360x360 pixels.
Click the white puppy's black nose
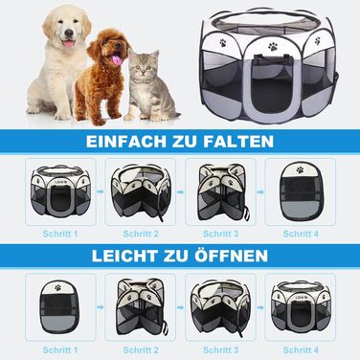(69, 33)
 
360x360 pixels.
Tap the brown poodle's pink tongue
(117, 60)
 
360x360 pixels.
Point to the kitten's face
(144, 67)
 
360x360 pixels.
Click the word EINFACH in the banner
(126, 142)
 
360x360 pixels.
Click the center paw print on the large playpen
(273, 47)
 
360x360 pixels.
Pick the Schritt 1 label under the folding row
(60, 234)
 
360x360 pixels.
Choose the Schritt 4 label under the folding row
(301, 234)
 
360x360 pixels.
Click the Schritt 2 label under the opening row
(141, 350)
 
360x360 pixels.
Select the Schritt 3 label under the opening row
(220, 350)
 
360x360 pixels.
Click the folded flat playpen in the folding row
(301, 191)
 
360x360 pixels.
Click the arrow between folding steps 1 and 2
(101, 191)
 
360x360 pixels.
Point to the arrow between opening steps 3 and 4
(260, 307)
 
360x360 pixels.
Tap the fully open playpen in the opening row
(300, 307)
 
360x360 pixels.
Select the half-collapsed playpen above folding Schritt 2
(141, 192)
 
